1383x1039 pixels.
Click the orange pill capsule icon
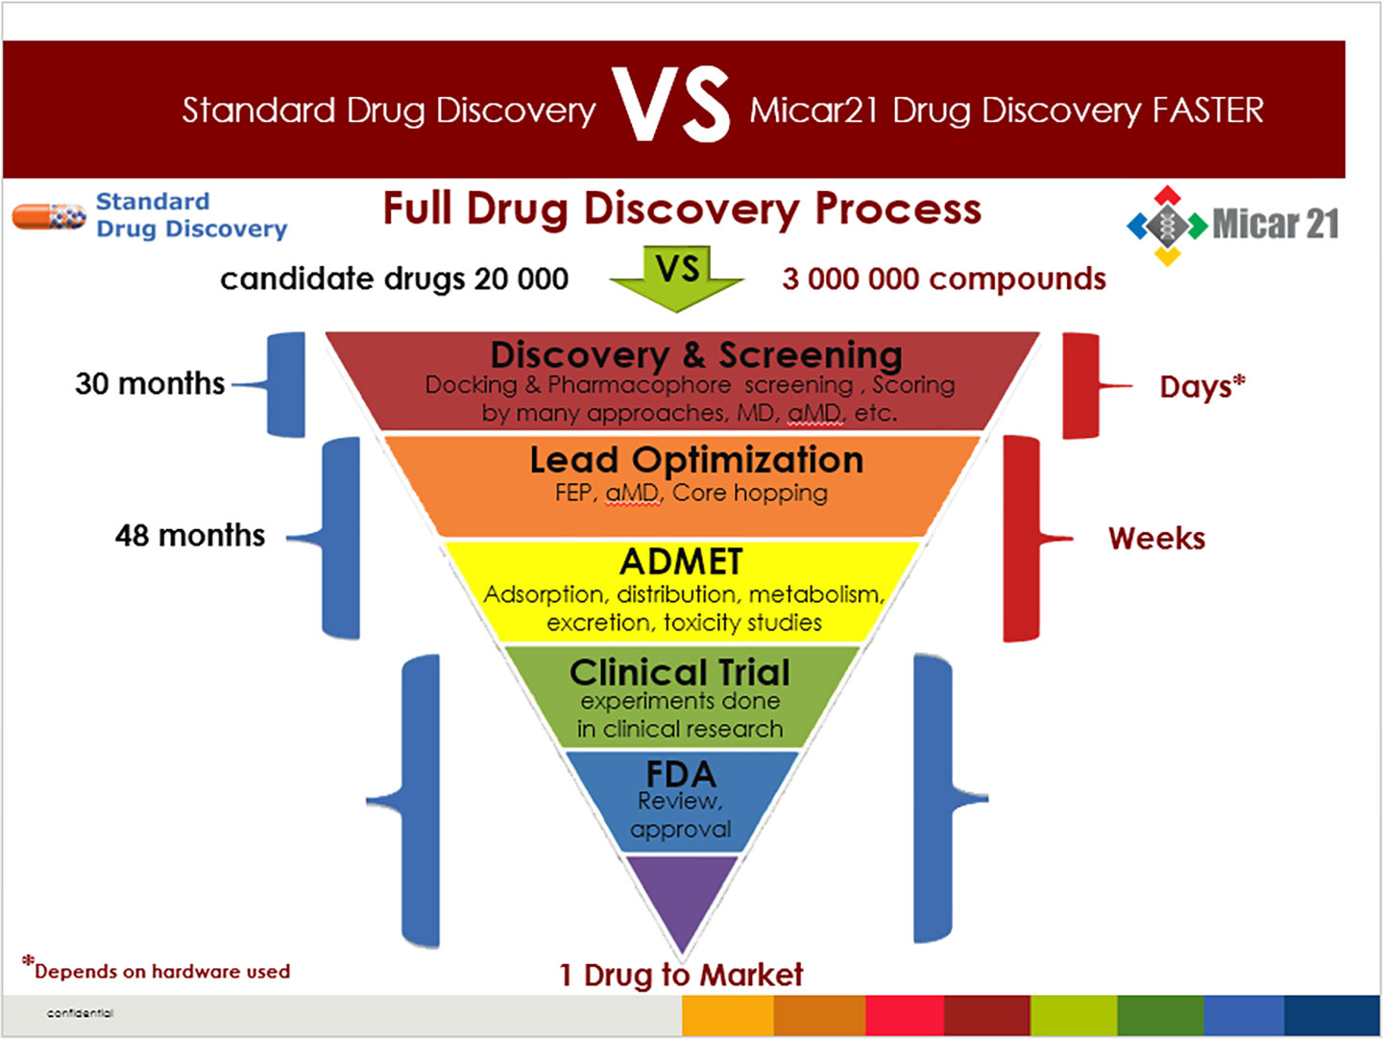click(x=48, y=216)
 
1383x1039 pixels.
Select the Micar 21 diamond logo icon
click(x=1167, y=226)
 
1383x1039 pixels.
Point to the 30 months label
click(x=150, y=383)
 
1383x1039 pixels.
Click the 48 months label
click(x=189, y=535)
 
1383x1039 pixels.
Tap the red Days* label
click(x=1201, y=386)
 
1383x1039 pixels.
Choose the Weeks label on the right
click(x=1156, y=538)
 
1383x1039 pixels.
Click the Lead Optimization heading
click(x=696, y=460)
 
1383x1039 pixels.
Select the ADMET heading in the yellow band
click(x=682, y=562)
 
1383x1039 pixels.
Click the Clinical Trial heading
click(x=680, y=672)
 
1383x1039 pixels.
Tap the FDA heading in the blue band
click(x=680, y=774)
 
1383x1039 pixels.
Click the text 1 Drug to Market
click(x=681, y=975)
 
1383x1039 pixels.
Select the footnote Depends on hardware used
click(x=158, y=971)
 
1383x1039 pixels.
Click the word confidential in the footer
click(x=80, y=1013)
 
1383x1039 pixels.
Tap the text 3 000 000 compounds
click(x=944, y=278)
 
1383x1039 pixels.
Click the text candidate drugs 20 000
click(x=394, y=278)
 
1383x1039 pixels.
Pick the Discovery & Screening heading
click(x=696, y=354)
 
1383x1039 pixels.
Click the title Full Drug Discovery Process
click(x=682, y=208)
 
